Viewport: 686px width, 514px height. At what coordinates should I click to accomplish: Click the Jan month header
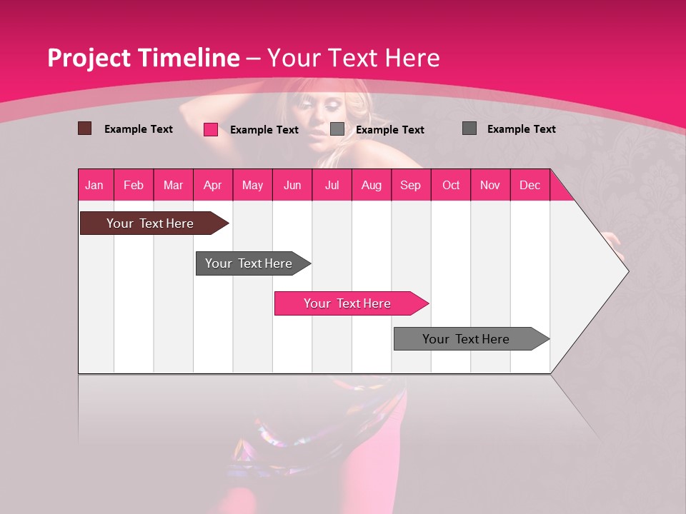pyautogui.click(x=94, y=185)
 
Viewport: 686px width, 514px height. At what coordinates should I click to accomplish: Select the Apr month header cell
pyautogui.click(x=212, y=185)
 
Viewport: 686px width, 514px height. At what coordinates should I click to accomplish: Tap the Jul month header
pyautogui.click(x=332, y=185)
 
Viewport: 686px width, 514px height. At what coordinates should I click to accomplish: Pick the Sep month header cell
pyautogui.click(x=410, y=185)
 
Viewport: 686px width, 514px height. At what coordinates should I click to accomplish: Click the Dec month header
pyautogui.click(x=530, y=185)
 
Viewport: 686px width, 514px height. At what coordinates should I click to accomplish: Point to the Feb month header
pyautogui.click(x=134, y=185)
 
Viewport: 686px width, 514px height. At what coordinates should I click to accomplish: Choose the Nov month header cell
pyautogui.click(x=490, y=185)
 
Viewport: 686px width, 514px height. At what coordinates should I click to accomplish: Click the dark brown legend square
pyautogui.click(x=84, y=128)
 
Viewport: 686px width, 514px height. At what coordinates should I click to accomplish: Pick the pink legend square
pyautogui.click(x=211, y=129)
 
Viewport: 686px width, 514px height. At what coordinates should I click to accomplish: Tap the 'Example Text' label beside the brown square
pyautogui.click(x=139, y=129)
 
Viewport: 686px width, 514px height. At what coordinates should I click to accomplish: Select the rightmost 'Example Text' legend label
pyautogui.click(x=521, y=129)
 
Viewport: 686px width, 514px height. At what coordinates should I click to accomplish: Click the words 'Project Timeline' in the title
pyautogui.click(x=143, y=58)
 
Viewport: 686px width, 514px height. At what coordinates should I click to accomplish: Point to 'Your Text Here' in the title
pyautogui.click(x=353, y=58)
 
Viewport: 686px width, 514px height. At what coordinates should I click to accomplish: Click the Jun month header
pyautogui.click(x=292, y=185)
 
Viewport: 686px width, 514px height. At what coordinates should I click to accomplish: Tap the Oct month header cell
pyautogui.click(x=451, y=185)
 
